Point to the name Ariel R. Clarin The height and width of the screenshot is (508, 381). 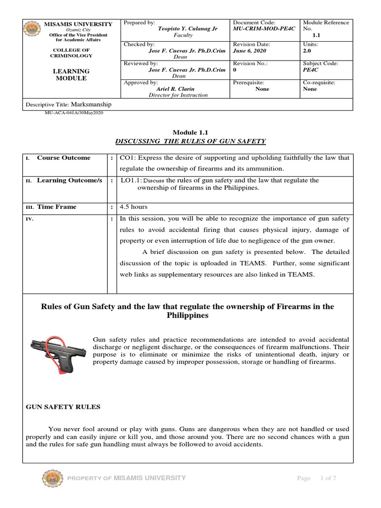pos(176,89)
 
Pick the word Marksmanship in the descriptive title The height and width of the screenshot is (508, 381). pos(91,105)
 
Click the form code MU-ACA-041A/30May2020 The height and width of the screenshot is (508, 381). pos(74,113)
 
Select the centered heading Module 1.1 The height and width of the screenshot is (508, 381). pos(190,132)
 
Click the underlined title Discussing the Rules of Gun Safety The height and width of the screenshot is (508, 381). pos(190,141)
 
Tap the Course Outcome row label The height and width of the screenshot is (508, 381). pos(63,158)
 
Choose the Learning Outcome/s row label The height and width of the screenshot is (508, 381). pos(69,181)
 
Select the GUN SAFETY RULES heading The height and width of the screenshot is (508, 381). pos(63,407)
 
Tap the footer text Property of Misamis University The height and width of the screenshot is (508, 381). pos(127,478)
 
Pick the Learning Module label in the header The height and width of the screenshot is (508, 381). pos(71,75)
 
